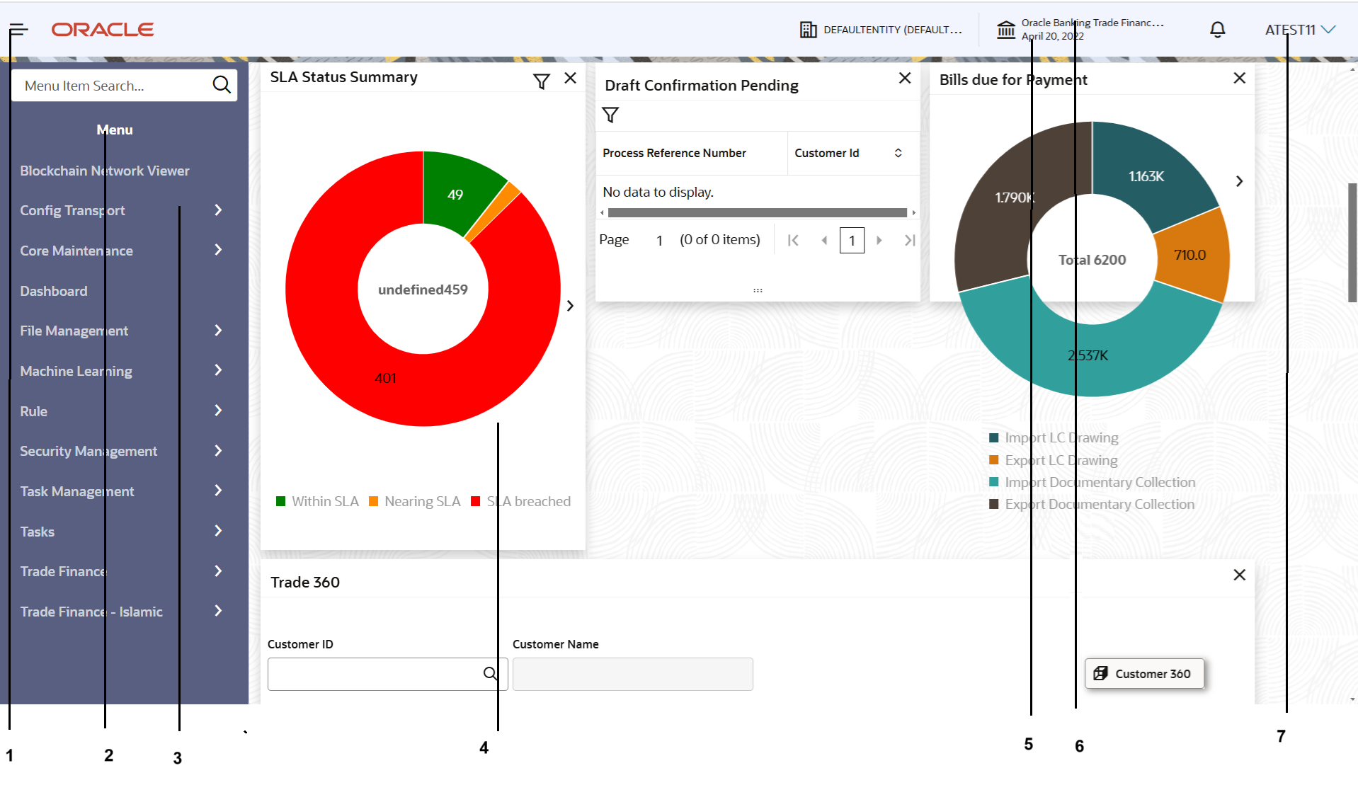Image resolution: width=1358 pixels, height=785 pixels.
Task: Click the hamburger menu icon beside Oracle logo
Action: [19, 30]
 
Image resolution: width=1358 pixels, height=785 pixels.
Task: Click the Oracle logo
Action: [103, 30]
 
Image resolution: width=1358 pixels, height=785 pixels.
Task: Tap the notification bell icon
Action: [1217, 30]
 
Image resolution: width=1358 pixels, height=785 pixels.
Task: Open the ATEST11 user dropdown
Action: [1300, 30]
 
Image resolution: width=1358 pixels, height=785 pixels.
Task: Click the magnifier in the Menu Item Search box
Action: [222, 85]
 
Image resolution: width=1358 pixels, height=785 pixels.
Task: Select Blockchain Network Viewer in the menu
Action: [105, 171]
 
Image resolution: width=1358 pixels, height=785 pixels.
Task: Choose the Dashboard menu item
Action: [54, 291]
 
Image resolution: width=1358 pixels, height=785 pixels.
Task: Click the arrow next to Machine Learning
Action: [218, 370]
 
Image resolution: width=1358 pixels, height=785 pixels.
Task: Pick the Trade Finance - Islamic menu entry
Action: [91, 612]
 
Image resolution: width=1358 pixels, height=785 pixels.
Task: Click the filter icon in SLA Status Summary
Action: [542, 82]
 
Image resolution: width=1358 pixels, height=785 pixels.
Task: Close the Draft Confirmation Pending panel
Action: [905, 78]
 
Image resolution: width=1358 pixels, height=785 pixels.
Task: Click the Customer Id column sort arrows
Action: [898, 153]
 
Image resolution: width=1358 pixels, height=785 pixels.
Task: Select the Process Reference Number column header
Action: [674, 153]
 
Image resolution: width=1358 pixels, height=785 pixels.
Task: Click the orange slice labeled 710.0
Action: [1191, 255]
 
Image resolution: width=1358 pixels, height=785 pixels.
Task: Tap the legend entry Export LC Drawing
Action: [1061, 460]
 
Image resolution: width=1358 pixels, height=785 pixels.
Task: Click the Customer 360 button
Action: [1144, 674]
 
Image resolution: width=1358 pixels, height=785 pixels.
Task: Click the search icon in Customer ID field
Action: [490, 674]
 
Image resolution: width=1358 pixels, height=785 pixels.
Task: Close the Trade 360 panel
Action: [1239, 575]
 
